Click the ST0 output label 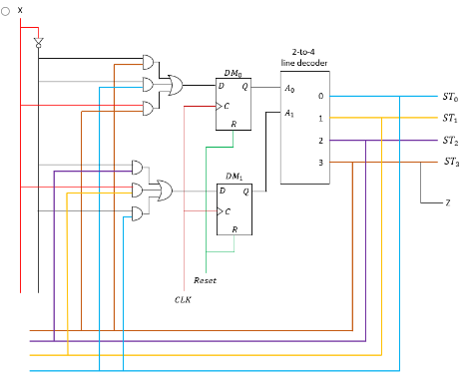[450, 98]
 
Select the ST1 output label [450, 119]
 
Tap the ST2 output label [450, 140]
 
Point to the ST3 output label [450, 162]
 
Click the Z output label [447, 202]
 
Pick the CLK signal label [183, 298]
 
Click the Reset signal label [205, 280]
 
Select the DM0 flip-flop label [234, 73]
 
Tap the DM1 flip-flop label [235, 176]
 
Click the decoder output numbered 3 [319, 162]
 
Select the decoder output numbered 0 [319, 97]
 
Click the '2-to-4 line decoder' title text [303, 56]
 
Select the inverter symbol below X [38, 43]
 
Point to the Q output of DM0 [245, 87]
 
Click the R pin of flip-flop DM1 [234, 229]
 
